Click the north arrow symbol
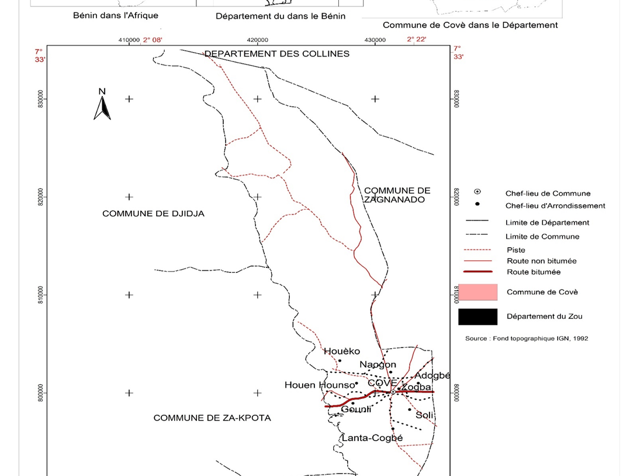[x=102, y=105]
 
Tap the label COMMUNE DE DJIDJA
[x=153, y=214]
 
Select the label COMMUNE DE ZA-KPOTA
[x=212, y=418]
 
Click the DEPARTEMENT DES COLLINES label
[x=276, y=54]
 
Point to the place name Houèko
[x=342, y=352]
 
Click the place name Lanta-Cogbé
[x=372, y=438]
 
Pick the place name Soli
[x=424, y=415]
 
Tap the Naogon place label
[x=378, y=365]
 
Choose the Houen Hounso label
[x=320, y=385]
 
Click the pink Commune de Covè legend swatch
[x=477, y=292]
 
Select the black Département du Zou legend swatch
[x=477, y=317]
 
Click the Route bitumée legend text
[x=534, y=272]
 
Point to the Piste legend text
[x=516, y=250]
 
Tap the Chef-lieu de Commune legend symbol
[x=477, y=192]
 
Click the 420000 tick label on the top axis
[x=258, y=40]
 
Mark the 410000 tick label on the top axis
[x=129, y=40]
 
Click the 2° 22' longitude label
[x=417, y=40]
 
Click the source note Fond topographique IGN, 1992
[x=527, y=339]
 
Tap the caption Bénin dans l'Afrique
[x=115, y=15]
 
